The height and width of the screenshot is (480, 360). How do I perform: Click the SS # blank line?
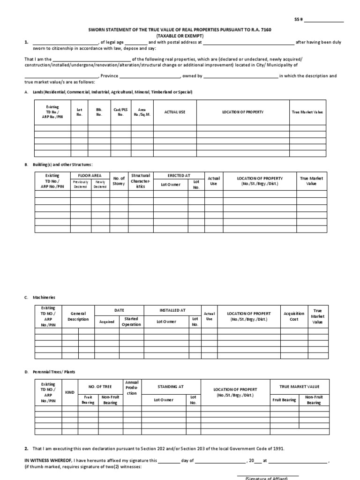(324, 21)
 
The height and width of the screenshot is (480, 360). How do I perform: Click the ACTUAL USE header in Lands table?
(175, 112)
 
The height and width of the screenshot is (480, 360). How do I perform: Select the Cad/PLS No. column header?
(120, 112)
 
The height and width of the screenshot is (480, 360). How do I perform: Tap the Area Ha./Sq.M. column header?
(142, 112)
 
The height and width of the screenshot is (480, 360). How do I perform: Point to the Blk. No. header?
(99, 112)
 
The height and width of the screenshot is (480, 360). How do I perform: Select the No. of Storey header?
(119, 181)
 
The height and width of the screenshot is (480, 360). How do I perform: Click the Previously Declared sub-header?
(81, 184)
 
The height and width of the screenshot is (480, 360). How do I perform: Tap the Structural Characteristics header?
(140, 181)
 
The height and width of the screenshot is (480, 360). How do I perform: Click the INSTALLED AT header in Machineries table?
(172, 310)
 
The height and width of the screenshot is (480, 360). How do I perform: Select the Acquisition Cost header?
(294, 316)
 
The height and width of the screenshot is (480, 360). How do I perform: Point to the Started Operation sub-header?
(131, 322)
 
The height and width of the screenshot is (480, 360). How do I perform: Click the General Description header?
(78, 316)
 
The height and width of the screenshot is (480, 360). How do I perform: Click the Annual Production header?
(132, 388)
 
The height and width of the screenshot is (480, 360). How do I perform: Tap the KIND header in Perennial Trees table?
(70, 392)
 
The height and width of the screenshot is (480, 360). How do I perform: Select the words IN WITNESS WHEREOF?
(47, 461)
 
